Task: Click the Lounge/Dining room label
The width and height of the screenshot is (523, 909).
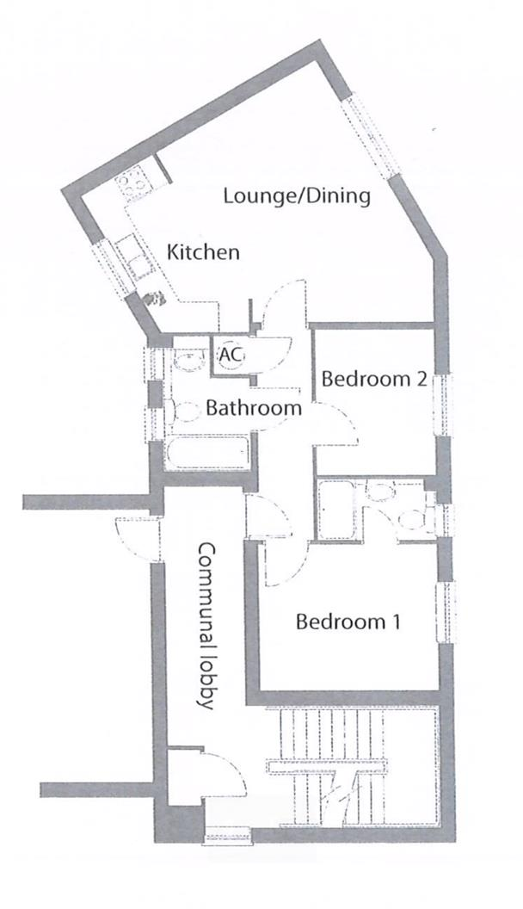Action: click(296, 195)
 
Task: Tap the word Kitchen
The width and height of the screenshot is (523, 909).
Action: click(203, 253)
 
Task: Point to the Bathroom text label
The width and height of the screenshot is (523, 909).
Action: click(253, 408)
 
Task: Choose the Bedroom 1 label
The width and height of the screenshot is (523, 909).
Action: click(348, 621)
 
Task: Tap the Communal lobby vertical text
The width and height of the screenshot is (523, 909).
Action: click(206, 625)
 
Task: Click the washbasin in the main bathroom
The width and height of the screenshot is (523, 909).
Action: click(185, 360)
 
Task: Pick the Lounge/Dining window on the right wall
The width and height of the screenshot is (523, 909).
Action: click(370, 136)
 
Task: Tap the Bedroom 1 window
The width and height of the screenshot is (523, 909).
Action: click(446, 610)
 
